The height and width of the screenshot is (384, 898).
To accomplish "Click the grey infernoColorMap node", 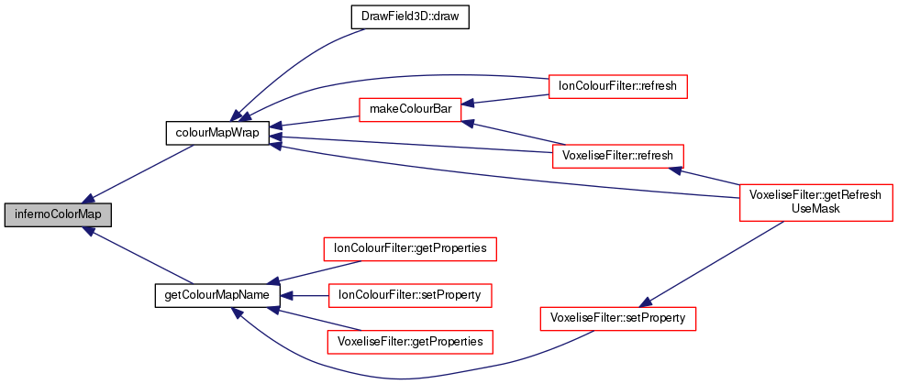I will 58,215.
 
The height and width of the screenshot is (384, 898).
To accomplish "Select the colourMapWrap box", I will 216,133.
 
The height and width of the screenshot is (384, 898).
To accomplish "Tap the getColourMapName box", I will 217,295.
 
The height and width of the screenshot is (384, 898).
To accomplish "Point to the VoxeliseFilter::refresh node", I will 617,155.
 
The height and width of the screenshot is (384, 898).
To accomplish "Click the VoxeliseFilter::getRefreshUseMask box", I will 816,202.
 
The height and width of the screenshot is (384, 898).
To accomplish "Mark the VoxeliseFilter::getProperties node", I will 410,341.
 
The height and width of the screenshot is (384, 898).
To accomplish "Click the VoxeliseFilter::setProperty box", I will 617,318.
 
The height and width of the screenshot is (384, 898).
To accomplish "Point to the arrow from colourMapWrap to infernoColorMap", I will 138,173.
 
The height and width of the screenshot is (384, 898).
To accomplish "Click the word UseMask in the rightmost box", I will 815,209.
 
